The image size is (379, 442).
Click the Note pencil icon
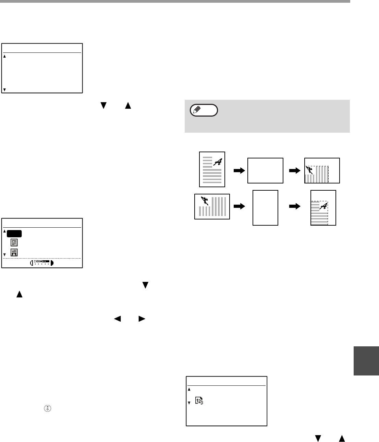click(x=204, y=110)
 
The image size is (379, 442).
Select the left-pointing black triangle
click(x=117, y=319)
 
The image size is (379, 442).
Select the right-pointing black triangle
click(x=141, y=319)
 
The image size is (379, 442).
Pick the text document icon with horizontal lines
click(x=15, y=243)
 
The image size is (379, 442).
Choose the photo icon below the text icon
click(x=15, y=252)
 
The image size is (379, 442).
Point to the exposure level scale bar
click(x=42, y=263)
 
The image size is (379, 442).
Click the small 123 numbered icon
click(x=198, y=401)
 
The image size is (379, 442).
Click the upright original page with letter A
click(x=212, y=169)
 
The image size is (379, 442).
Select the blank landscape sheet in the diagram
click(x=265, y=170)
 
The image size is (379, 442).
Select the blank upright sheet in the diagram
click(x=265, y=207)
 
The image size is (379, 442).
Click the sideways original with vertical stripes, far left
click(x=212, y=206)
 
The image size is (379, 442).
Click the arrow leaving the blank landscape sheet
click(x=294, y=170)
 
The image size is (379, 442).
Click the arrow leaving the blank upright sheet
click(x=294, y=206)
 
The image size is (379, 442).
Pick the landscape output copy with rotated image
click(x=322, y=170)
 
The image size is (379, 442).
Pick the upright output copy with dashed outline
click(x=323, y=207)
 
